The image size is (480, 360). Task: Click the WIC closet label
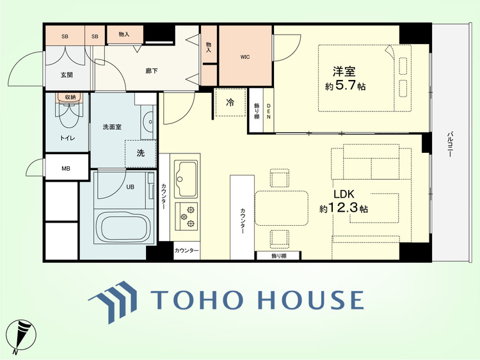point(245,57)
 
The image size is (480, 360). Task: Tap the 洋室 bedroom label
point(344,72)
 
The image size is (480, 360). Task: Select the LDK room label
point(344,194)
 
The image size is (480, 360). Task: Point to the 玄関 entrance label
point(67,75)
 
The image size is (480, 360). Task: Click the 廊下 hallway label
point(152,71)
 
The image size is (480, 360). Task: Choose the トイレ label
point(67,138)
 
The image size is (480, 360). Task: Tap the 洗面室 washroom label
point(112,127)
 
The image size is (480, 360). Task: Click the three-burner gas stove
point(186,217)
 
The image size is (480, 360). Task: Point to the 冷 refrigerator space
point(230,102)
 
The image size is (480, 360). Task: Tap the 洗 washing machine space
point(141,153)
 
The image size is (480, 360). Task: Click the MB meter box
point(66,169)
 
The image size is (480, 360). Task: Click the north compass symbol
point(20,336)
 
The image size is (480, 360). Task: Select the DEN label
point(269,111)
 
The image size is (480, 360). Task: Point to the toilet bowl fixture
point(70,114)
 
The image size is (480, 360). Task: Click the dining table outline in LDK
point(282,208)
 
